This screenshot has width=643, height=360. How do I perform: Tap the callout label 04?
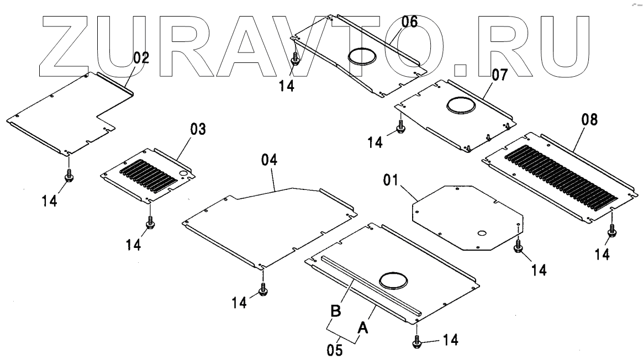(x=270, y=161)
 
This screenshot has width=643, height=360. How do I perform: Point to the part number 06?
(x=409, y=22)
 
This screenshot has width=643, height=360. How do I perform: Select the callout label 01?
(x=392, y=180)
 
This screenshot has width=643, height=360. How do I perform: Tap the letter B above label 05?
(x=335, y=310)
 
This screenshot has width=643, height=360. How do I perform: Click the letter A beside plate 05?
(x=362, y=329)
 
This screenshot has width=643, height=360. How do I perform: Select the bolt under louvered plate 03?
(x=149, y=223)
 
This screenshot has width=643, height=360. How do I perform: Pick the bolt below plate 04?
(x=263, y=289)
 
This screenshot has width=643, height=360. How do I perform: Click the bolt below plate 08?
(x=611, y=232)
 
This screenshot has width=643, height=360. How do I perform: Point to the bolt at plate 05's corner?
(x=417, y=342)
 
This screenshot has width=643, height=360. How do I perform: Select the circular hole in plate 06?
(x=362, y=56)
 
